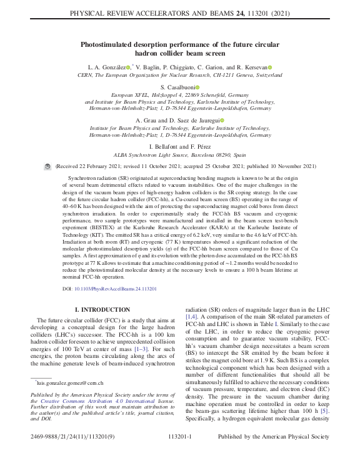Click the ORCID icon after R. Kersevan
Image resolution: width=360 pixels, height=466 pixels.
click(x=270, y=67)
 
